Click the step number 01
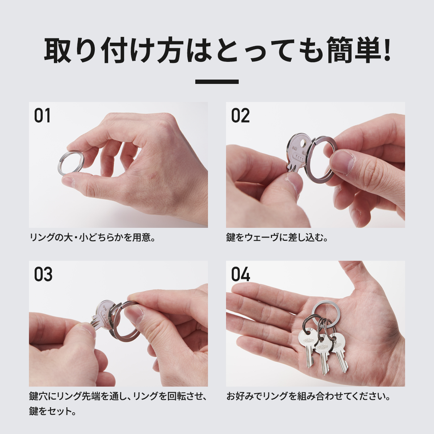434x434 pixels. [x=42, y=116]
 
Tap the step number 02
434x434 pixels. [x=241, y=116]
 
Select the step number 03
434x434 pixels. [x=43, y=275]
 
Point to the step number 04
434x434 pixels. [x=241, y=275]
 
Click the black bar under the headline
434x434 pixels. [x=217, y=82]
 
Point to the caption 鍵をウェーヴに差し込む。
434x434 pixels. [x=277, y=238]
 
